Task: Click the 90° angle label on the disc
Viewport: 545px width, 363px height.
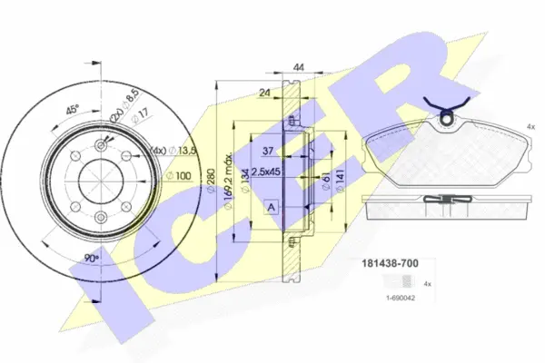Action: point(91,257)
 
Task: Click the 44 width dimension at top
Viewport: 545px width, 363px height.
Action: point(298,66)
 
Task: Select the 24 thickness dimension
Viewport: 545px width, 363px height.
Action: point(263,92)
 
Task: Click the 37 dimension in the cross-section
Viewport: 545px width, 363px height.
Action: point(268,151)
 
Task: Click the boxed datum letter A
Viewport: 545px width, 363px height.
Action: point(270,208)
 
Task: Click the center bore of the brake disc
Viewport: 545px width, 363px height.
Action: point(97,176)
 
